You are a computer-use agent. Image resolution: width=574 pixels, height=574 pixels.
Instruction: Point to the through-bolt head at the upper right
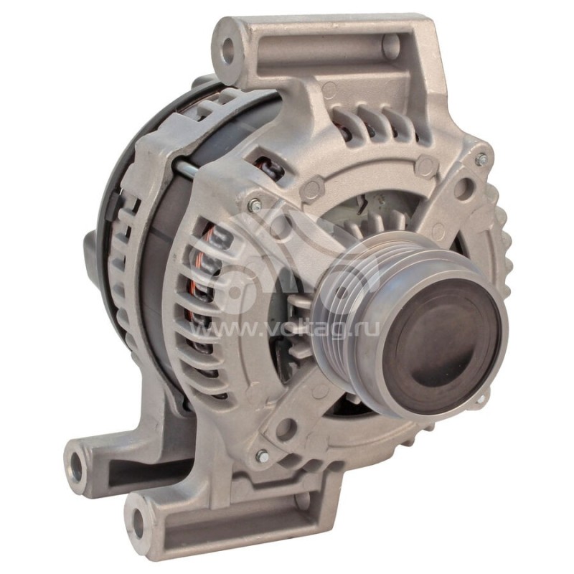click(481, 159)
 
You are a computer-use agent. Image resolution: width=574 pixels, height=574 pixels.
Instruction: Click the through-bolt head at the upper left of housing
click(253, 205)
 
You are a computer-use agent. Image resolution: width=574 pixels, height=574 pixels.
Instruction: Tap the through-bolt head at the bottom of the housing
click(262, 456)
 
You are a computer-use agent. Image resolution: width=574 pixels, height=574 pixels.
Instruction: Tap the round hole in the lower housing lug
click(285, 429)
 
